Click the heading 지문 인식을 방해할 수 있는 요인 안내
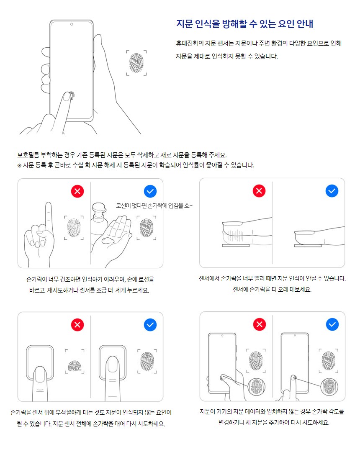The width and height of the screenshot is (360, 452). click(245, 23)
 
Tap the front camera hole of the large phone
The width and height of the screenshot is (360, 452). click(72, 24)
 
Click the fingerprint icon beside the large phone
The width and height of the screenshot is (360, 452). click(136, 62)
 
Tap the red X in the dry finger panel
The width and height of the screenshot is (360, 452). click(77, 191)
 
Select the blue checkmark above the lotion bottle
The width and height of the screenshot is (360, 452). click(150, 191)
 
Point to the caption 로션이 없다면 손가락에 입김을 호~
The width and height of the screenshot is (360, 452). click(154, 205)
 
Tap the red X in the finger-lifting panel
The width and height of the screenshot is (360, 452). click(259, 191)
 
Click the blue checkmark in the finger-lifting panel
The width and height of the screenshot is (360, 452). click(332, 191)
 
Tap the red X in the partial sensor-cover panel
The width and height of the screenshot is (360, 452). click(77, 325)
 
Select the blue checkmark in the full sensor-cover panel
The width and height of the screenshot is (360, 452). click(150, 325)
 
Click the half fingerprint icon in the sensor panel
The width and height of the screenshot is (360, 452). click(75, 366)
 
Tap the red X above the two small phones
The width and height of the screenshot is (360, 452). click(260, 324)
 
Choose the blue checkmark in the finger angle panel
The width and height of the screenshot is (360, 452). click(332, 324)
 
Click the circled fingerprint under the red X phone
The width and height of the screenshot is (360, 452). click(257, 387)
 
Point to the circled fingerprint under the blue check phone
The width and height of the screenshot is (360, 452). click(329, 387)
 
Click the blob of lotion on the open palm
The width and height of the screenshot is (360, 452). click(108, 240)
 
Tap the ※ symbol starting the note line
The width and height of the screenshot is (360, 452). click(19, 165)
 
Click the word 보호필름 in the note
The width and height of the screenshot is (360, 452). click(28, 155)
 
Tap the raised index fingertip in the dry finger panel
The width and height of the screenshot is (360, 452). click(49, 205)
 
